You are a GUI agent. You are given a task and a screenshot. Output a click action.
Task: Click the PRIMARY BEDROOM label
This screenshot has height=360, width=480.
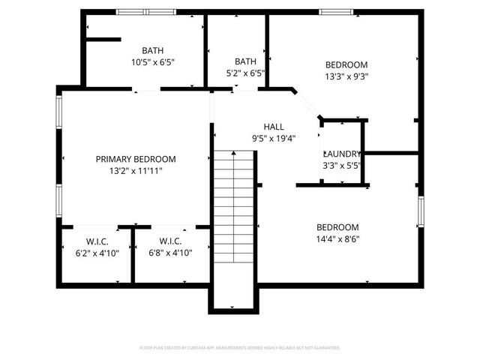[x=136, y=159]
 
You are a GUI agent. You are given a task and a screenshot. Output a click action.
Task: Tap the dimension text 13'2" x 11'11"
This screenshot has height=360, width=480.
[x=136, y=171]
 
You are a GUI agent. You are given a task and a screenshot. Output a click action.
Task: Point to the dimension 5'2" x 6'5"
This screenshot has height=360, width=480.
[x=245, y=73]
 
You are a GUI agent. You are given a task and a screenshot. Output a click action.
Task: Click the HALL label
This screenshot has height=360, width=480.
[x=274, y=126]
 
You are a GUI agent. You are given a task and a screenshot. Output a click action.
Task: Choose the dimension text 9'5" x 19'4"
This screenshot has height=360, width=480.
[x=274, y=138]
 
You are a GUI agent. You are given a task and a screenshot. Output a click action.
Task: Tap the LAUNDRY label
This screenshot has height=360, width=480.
[x=341, y=154]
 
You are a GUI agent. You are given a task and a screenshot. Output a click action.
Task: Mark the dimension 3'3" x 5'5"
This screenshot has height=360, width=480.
[x=341, y=166]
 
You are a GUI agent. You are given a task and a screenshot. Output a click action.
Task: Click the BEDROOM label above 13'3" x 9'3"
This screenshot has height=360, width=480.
[x=346, y=64]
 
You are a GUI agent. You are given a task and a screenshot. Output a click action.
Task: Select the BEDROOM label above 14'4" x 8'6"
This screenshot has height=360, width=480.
[x=337, y=227]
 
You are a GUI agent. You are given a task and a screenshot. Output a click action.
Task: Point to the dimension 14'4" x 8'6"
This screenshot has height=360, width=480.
[x=337, y=239]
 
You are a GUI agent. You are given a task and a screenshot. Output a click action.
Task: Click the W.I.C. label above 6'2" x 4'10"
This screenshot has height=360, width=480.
[x=97, y=241]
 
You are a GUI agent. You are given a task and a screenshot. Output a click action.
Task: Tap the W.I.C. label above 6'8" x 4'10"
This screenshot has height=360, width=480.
[x=170, y=241]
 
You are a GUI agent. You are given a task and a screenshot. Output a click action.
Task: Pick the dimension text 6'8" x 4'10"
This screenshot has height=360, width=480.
[x=170, y=253]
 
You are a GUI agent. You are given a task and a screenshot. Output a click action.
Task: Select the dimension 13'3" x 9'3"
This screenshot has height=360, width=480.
[x=346, y=76]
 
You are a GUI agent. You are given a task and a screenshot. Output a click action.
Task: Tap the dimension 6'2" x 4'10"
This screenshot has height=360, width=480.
[x=97, y=253]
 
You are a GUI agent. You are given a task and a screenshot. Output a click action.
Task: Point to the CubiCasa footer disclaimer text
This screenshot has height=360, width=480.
[x=240, y=348]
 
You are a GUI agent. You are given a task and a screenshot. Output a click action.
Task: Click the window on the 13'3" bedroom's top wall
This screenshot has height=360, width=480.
[x=331, y=12]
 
